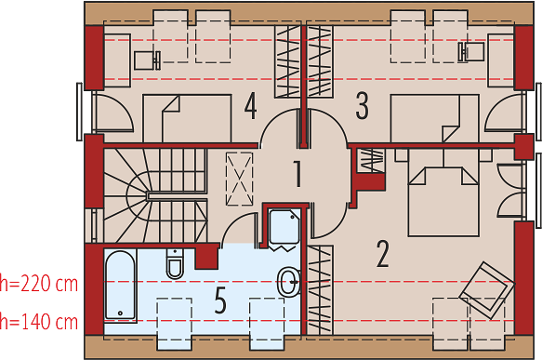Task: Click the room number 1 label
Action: click(297, 174)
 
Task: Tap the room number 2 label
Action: click(383, 254)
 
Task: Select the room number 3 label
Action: click(362, 106)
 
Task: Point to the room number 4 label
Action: click(251, 106)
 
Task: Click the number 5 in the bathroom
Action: click(220, 300)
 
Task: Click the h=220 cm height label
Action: click(39, 284)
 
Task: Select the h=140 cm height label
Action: click(39, 321)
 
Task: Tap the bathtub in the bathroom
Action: click(120, 286)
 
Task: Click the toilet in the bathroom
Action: click(175, 263)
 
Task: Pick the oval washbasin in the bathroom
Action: click(288, 282)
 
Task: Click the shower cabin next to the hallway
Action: click(284, 227)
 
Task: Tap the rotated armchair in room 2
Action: click(487, 290)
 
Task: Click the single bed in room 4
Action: click(188, 118)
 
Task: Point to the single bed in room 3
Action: click(435, 118)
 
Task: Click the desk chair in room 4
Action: click(147, 60)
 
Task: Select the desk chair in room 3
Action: click(471, 52)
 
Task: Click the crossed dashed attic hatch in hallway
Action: click(239, 179)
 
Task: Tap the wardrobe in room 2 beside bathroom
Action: click(320, 290)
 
